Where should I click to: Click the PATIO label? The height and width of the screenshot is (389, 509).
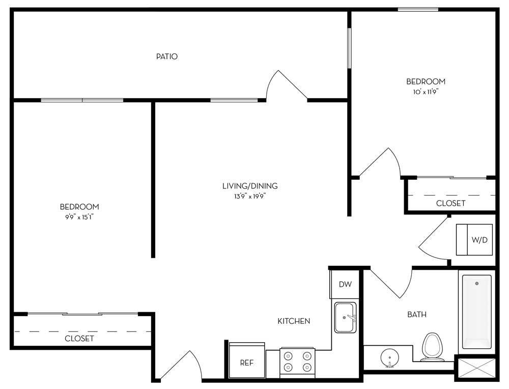167,57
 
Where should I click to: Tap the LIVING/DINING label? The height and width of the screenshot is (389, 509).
250,186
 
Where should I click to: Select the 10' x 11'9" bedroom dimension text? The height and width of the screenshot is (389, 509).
426,92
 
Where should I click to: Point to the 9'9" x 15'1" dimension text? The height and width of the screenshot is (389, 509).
79,217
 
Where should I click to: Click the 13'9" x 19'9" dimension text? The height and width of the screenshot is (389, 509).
250,197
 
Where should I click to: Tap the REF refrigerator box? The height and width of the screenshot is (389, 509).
247,360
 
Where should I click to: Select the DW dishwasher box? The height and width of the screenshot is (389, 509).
345,284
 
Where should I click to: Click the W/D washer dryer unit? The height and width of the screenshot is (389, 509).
474,240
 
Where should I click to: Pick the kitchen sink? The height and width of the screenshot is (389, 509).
346,318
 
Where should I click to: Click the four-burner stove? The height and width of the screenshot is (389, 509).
297,363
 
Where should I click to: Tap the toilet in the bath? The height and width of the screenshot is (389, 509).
433,347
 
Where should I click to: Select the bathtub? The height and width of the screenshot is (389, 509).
476,312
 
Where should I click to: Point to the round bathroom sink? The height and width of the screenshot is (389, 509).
389,358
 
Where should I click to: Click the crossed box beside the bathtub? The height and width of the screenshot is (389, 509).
476,369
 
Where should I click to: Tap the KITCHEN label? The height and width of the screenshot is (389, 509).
294,321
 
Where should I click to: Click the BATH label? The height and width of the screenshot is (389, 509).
417,315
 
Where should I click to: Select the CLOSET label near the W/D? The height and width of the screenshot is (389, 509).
450,203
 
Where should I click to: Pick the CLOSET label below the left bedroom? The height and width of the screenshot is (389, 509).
79,339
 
